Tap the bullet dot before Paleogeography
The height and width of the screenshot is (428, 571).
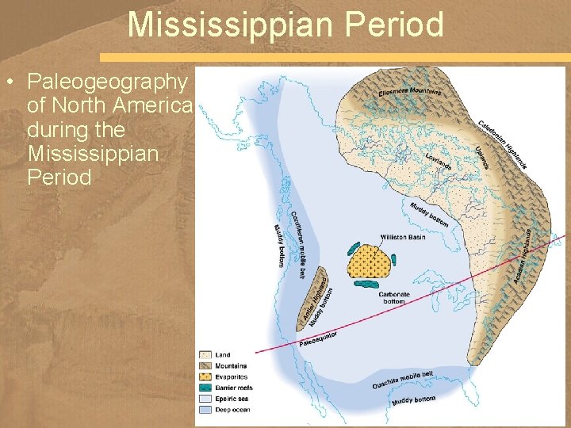click(9, 82)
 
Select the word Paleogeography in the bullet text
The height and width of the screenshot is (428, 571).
click(108, 82)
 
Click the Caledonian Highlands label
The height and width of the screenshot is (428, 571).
click(502, 143)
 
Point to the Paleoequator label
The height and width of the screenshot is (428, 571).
click(319, 340)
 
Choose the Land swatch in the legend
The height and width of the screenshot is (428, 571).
click(205, 354)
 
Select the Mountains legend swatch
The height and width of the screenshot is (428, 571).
click(205, 365)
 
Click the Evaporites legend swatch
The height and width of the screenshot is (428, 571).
click(205, 376)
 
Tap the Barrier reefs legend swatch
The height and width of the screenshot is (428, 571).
click(205, 388)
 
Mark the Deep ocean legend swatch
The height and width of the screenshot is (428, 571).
click(205, 410)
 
